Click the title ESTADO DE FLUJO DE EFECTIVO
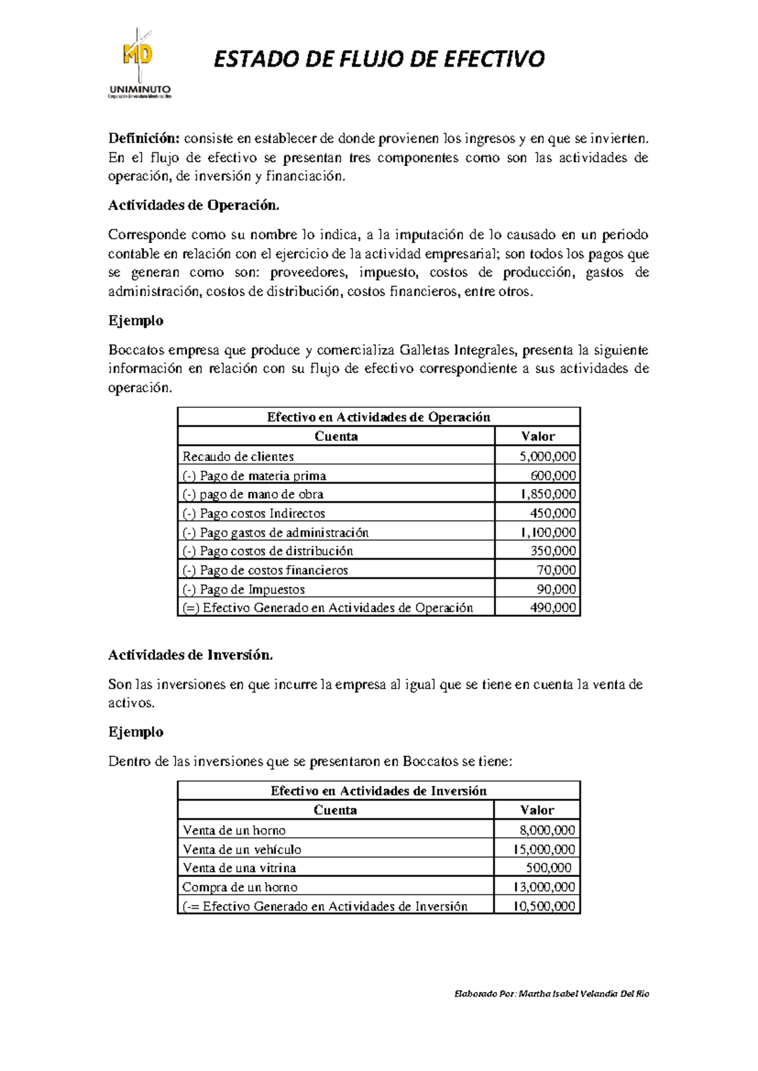[x=379, y=59]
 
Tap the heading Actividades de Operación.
[x=193, y=205]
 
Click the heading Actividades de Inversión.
[x=190, y=655]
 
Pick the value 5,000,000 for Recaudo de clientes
[x=547, y=456]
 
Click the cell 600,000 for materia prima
[x=553, y=476]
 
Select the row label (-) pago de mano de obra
[x=253, y=494]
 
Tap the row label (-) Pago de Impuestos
[x=244, y=589]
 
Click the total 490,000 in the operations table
[x=553, y=607]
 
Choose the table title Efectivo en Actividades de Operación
[x=378, y=417]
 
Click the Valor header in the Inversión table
[x=537, y=810]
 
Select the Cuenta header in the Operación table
[x=336, y=436]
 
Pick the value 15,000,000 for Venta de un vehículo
[x=544, y=849]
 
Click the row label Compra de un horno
[x=240, y=887]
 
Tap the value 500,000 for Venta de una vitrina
[x=548, y=868]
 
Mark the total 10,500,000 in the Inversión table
[x=544, y=906]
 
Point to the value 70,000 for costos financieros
[x=556, y=570]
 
